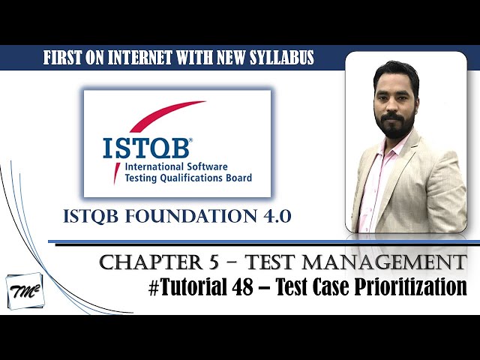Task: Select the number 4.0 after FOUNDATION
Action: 271,217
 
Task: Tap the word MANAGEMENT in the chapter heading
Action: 395,263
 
